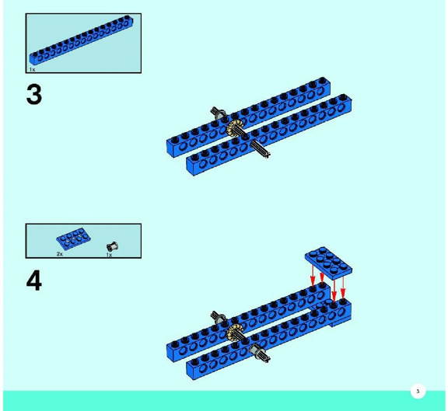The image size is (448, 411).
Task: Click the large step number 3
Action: click(x=34, y=95)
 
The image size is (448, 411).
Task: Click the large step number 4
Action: click(x=34, y=280)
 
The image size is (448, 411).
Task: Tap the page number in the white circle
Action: click(x=418, y=392)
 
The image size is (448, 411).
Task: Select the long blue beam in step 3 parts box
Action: click(x=81, y=40)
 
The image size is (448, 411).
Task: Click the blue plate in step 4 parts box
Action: click(x=73, y=239)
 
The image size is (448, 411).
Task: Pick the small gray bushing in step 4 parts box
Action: click(x=112, y=246)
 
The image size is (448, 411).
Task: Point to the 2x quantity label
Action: click(x=59, y=254)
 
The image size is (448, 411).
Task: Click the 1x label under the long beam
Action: click(x=32, y=70)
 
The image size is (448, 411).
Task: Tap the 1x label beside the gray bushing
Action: click(x=109, y=255)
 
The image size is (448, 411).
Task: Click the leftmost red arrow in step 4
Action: click(x=313, y=275)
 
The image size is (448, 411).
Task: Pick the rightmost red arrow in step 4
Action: click(x=343, y=287)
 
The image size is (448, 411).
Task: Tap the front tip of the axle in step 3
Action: click(x=268, y=155)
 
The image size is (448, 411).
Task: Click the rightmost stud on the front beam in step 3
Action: click(x=344, y=97)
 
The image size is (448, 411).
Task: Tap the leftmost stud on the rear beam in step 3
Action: click(x=175, y=140)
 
